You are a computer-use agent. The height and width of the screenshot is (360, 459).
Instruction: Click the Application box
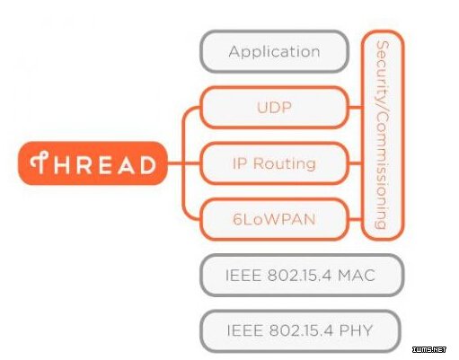click(275, 51)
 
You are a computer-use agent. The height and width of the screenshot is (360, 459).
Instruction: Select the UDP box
click(275, 108)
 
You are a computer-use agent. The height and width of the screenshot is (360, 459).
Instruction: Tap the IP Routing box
click(275, 163)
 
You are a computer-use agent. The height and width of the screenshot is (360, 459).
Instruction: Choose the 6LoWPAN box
click(275, 219)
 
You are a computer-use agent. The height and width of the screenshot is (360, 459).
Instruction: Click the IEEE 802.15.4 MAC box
click(302, 276)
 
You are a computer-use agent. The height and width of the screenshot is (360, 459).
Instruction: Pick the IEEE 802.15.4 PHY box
click(300, 331)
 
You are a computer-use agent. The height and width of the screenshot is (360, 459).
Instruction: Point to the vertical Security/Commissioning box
click(383, 136)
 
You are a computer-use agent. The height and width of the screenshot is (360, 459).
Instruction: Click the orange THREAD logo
click(93, 163)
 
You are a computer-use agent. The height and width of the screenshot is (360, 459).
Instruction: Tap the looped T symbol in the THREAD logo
click(40, 162)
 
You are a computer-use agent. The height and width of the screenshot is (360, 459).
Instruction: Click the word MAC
click(357, 276)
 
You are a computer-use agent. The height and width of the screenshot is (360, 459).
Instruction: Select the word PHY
click(356, 330)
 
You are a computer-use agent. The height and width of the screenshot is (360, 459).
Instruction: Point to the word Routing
click(285, 164)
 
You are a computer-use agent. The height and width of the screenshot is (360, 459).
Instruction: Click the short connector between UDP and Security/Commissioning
click(356, 108)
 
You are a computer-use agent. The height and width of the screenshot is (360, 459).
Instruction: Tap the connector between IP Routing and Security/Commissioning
click(356, 163)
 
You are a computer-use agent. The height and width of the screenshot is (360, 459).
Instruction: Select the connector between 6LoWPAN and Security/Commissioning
click(356, 219)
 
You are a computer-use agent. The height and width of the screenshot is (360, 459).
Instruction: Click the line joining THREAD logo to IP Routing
click(183, 163)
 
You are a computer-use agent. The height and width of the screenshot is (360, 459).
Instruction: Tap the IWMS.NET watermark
click(429, 349)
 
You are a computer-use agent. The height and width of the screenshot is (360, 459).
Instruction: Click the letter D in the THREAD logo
click(148, 164)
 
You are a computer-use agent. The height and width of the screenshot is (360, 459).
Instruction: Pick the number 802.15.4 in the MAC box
click(300, 276)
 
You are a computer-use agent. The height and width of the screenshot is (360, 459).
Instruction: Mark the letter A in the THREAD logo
click(127, 164)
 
